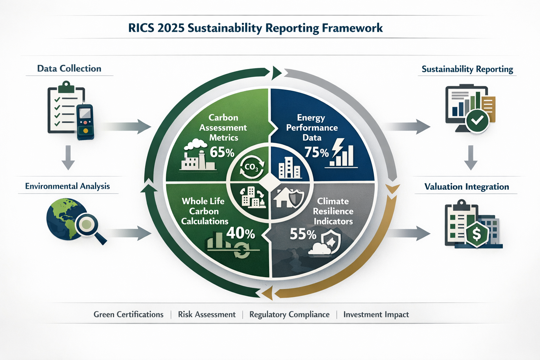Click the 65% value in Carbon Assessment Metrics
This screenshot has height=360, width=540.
pyautogui.click(x=222, y=153)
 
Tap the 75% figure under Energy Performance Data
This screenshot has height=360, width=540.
pyautogui.click(x=316, y=153)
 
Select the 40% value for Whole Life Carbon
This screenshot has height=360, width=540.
pyautogui.click(x=240, y=233)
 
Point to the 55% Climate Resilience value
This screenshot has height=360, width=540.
pyautogui.click(x=303, y=234)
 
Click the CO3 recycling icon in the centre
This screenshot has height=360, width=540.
pyautogui.click(x=252, y=167)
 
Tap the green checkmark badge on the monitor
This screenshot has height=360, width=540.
pyautogui.click(x=477, y=121)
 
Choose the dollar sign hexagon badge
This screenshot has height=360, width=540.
pyautogui.click(x=477, y=234)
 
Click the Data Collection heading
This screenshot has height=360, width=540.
pyautogui.click(x=69, y=69)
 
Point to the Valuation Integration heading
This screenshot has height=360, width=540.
pyautogui.click(x=467, y=187)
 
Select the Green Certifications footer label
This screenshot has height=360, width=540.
pyautogui.click(x=128, y=314)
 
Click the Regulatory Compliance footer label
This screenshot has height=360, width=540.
pyautogui.click(x=289, y=314)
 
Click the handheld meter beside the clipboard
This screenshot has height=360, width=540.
pyautogui.click(x=85, y=122)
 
